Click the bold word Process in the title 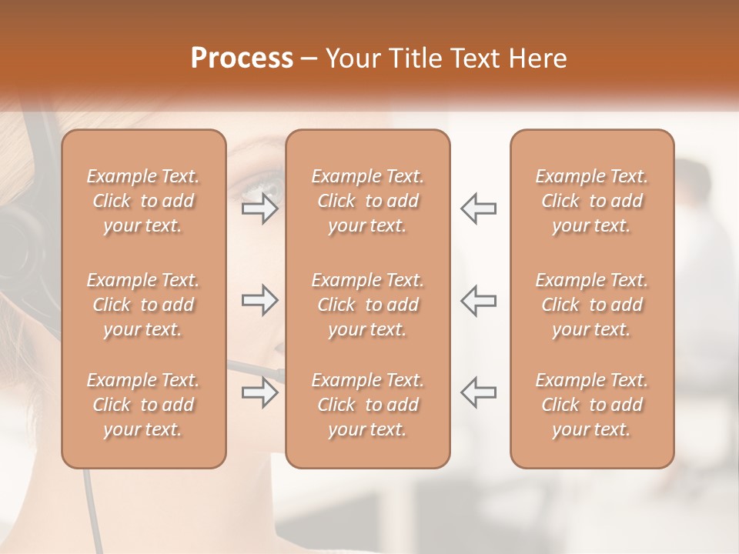pos(242,58)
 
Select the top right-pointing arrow pos(259,209)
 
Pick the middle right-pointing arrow pos(259,300)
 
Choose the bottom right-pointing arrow pos(259,392)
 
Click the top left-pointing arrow pos(478,209)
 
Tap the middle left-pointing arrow pos(478,300)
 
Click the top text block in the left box pos(143,201)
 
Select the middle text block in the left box pos(143,305)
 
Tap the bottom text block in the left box pos(143,405)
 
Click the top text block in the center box pos(367,201)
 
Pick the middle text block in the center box pos(367,305)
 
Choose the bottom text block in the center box pos(367,405)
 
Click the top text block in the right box pos(592,201)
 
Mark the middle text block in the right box pos(592,305)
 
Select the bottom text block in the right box pos(592,405)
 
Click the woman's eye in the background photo pos(262,185)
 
